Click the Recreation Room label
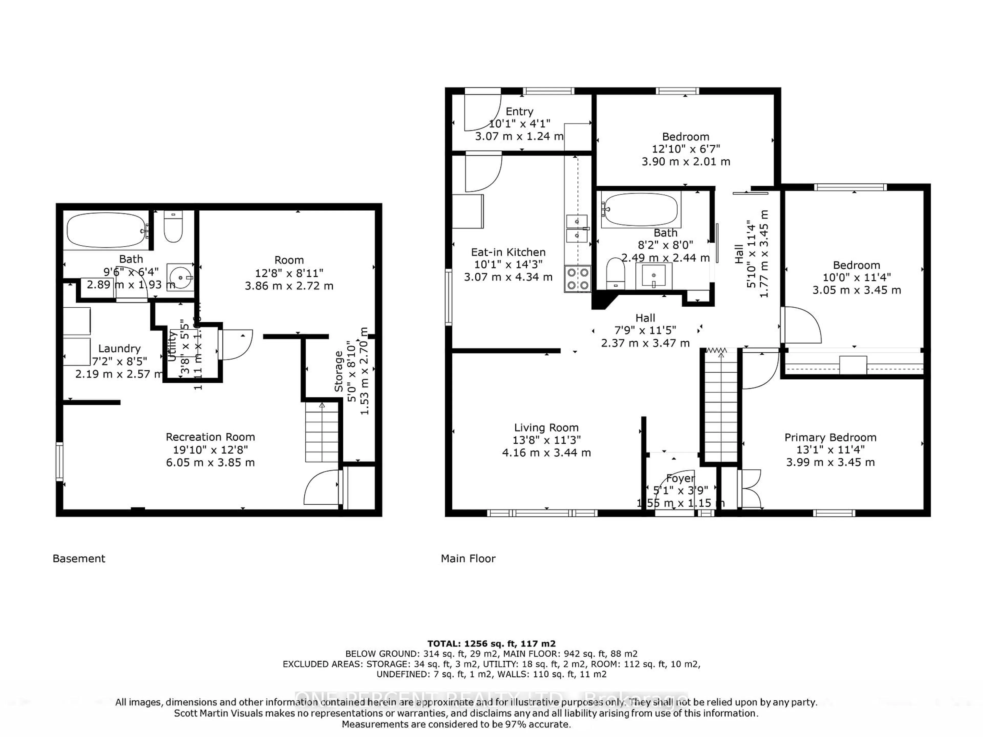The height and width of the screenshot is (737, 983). click(210, 437)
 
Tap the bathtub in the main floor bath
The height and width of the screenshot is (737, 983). click(640, 210)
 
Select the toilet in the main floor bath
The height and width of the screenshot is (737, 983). click(615, 273)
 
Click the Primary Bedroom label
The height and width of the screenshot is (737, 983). click(830, 438)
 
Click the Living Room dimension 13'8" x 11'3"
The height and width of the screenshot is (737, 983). click(546, 440)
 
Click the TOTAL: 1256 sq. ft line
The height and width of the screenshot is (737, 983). click(491, 643)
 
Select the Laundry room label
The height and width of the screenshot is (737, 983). click(119, 349)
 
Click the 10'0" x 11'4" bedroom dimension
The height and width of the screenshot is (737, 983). click(856, 278)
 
